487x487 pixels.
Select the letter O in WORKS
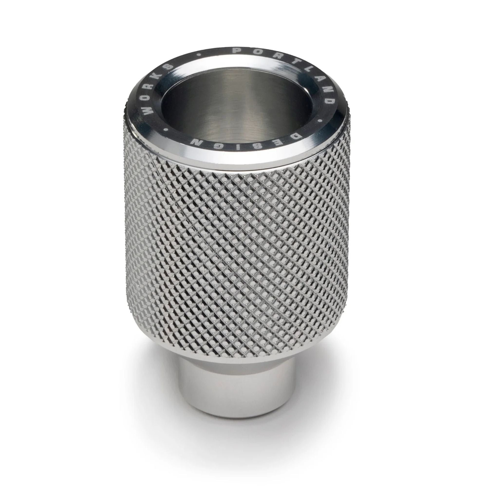149,97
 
